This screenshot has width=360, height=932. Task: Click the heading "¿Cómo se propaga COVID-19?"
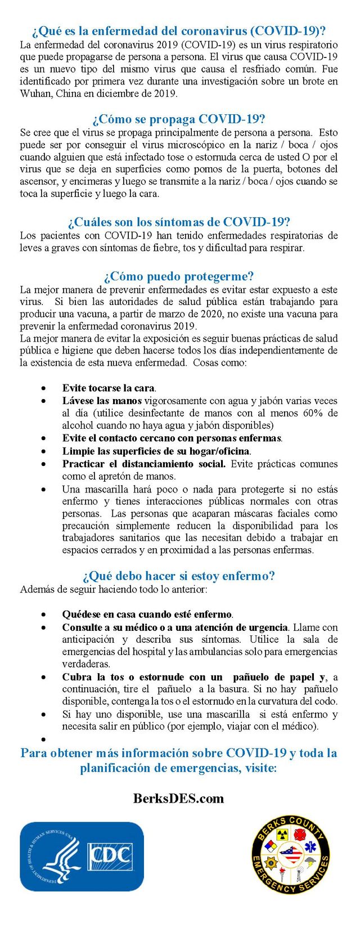tap(179, 119)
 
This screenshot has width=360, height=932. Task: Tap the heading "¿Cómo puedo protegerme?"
tap(179, 276)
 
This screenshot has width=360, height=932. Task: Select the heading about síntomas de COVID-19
tap(179, 222)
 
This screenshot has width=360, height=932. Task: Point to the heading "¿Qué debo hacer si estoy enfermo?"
tap(179, 576)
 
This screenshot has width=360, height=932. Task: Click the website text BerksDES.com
tap(179, 799)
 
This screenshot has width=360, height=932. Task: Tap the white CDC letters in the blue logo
tap(111, 855)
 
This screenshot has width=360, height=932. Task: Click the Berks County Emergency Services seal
tap(291, 855)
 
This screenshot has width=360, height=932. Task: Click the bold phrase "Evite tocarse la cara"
tap(108, 388)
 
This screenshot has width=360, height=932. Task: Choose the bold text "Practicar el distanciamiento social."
tap(143, 464)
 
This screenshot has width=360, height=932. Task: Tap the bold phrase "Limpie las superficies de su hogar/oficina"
tap(156, 451)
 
